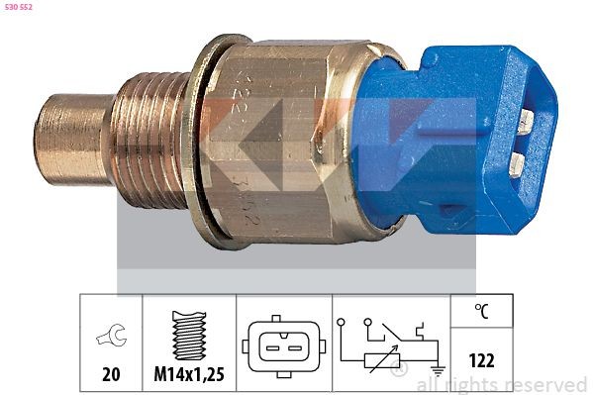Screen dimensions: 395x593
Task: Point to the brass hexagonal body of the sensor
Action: [287, 139]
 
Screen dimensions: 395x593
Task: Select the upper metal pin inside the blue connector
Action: [526, 121]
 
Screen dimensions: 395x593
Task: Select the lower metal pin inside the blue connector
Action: [522, 159]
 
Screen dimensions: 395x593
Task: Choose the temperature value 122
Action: [480, 362]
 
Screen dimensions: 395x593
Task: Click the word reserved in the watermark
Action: [545, 384]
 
